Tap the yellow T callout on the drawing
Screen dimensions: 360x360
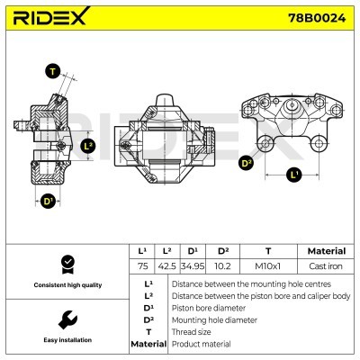(x=53, y=72)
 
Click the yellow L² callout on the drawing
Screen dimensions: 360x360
(x=87, y=145)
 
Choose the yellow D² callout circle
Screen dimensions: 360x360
(x=246, y=163)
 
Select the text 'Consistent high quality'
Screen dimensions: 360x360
(x=67, y=285)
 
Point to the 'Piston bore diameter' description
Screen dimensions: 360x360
(x=208, y=307)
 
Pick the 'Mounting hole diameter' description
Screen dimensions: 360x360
(x=213, y=319)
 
